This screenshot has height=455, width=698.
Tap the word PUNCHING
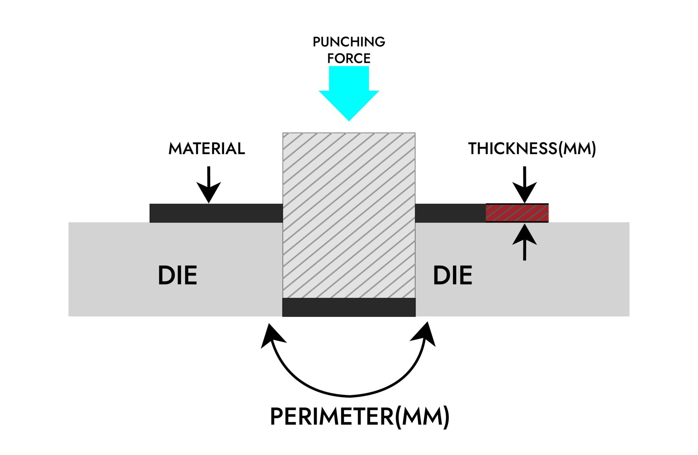point(349,42)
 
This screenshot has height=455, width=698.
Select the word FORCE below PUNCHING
point(349,58)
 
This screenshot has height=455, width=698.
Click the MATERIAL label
point(207,149)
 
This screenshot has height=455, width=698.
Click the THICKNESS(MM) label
point(532,149)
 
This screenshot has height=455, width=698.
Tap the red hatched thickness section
point(517,213)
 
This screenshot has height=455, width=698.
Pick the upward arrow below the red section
point(525,242)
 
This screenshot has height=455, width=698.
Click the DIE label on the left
point(178,275)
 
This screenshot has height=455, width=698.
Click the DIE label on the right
point(453,275)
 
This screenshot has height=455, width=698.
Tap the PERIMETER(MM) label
point(360,416)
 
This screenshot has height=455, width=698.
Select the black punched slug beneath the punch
point(349,307)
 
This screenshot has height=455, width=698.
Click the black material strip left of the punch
point(216,213)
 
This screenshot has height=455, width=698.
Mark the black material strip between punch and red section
point(450,213)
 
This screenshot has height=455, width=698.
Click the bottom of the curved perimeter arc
point(349,396)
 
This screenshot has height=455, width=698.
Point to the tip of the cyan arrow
point(349,120)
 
